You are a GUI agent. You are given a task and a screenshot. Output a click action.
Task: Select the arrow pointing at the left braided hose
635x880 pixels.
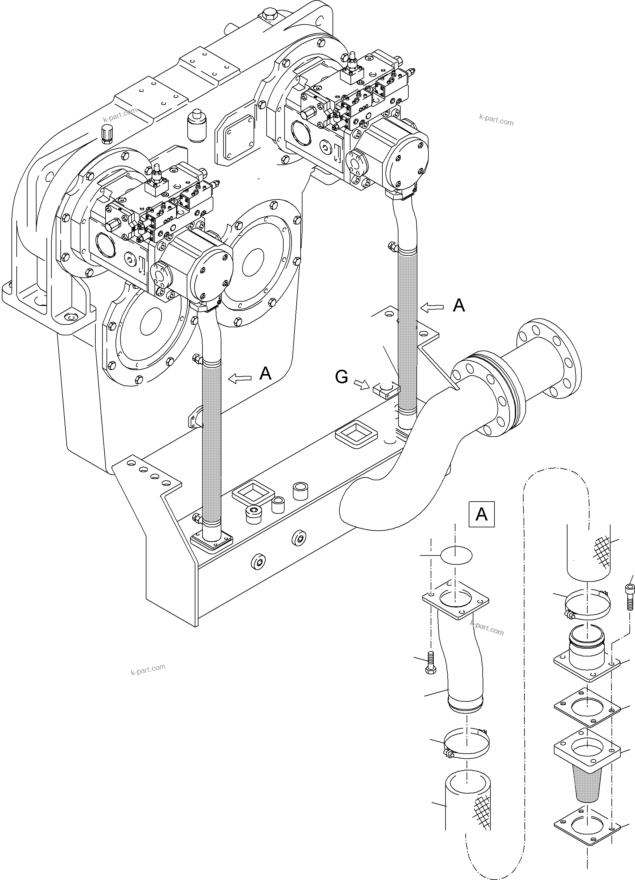click(x=240, y=378)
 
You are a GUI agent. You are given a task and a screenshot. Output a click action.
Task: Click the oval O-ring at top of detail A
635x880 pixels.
click(x=456, y=555)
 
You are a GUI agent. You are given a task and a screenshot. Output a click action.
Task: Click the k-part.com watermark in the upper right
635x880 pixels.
click(x=496, y=120)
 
